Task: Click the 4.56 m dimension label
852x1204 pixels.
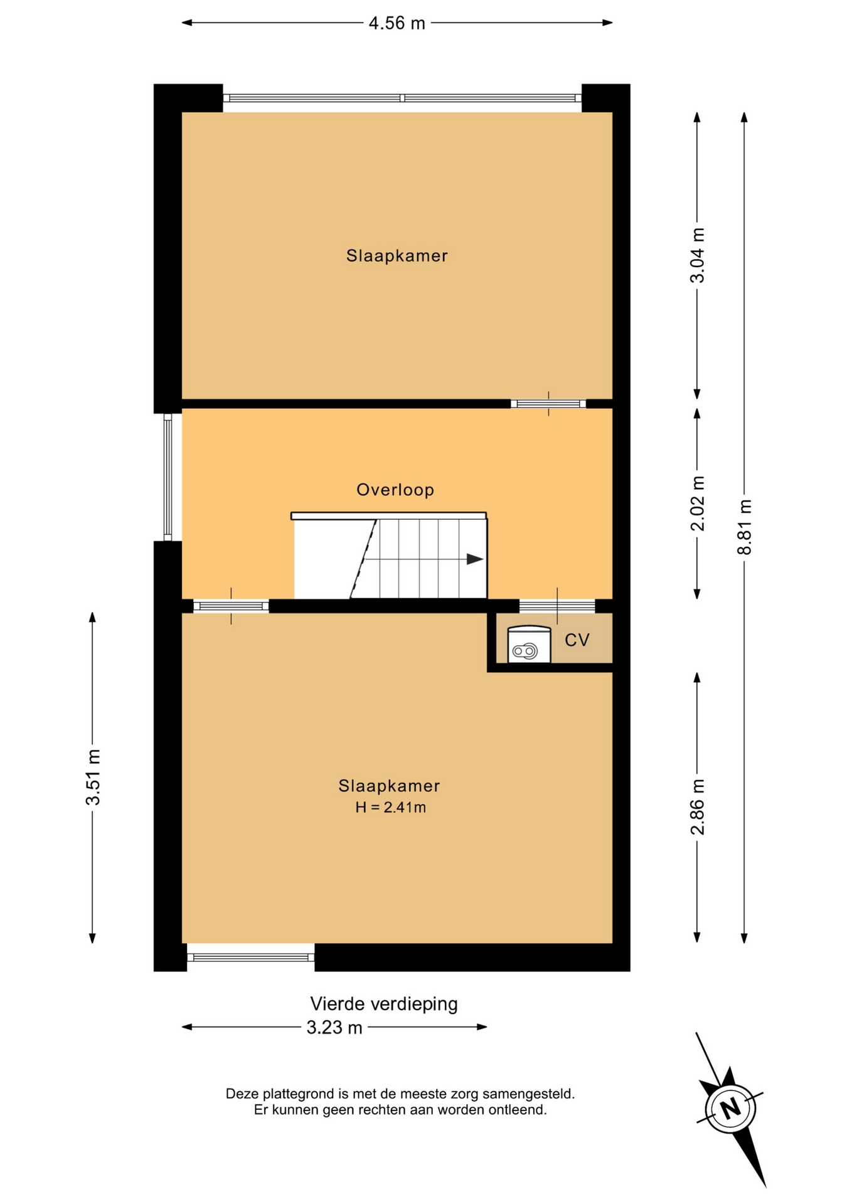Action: pos(397,23)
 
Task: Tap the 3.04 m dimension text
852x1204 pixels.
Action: pos(697,255)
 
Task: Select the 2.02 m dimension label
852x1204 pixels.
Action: pos(697,504)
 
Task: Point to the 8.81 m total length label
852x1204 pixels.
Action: pos(744,527)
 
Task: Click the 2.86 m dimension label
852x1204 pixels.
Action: pos(697,807)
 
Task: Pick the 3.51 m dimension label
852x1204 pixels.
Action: pos(93,778)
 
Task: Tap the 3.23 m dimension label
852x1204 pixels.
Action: pos(334,1028)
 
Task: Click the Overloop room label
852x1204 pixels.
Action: pos(395,490)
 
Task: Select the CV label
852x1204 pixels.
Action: pos(577,640)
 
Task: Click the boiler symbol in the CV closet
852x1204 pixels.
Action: pos(529,645)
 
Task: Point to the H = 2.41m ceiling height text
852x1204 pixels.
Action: pos(391,808)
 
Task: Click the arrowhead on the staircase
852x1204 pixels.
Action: pos(475,559)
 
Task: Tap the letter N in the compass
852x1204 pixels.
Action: pos(730,1109)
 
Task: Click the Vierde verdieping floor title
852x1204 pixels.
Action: pos(384,1004)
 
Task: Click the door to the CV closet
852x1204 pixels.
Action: pos(557,606)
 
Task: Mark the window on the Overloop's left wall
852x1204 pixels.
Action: pos(168,477)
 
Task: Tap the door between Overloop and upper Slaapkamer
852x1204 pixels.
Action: pos(548,404)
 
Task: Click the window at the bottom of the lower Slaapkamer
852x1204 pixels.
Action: pos(251,957)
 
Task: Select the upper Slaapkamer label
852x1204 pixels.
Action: pos(397,256)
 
